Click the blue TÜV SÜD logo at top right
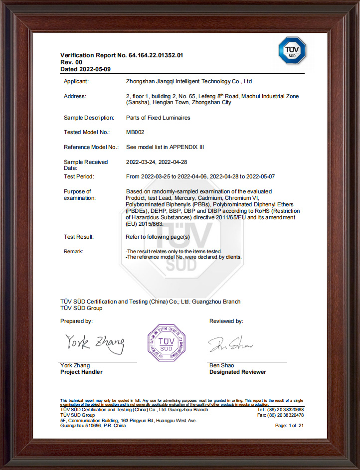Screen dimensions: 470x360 tap(292, 50)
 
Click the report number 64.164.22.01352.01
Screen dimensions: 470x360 tap(156, 55)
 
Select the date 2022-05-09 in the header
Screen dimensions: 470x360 tap(94, 69)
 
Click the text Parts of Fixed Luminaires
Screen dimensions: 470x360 tap(158, 118)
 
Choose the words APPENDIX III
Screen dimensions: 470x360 tap(187, 147)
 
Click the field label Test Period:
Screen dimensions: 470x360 tap(79, 176)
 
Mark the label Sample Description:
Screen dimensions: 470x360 tap(88, 118)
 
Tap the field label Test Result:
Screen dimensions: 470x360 tap(79, 237)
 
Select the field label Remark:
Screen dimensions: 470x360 tap(74, 251)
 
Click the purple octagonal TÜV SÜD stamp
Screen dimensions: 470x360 tap(167, 342)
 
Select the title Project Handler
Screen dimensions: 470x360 tap(81, 372)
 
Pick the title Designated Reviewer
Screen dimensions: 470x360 tap(237, 372)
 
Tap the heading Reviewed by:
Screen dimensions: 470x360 tap(226, 321)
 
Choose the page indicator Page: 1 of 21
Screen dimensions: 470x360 tap(289, 426)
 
